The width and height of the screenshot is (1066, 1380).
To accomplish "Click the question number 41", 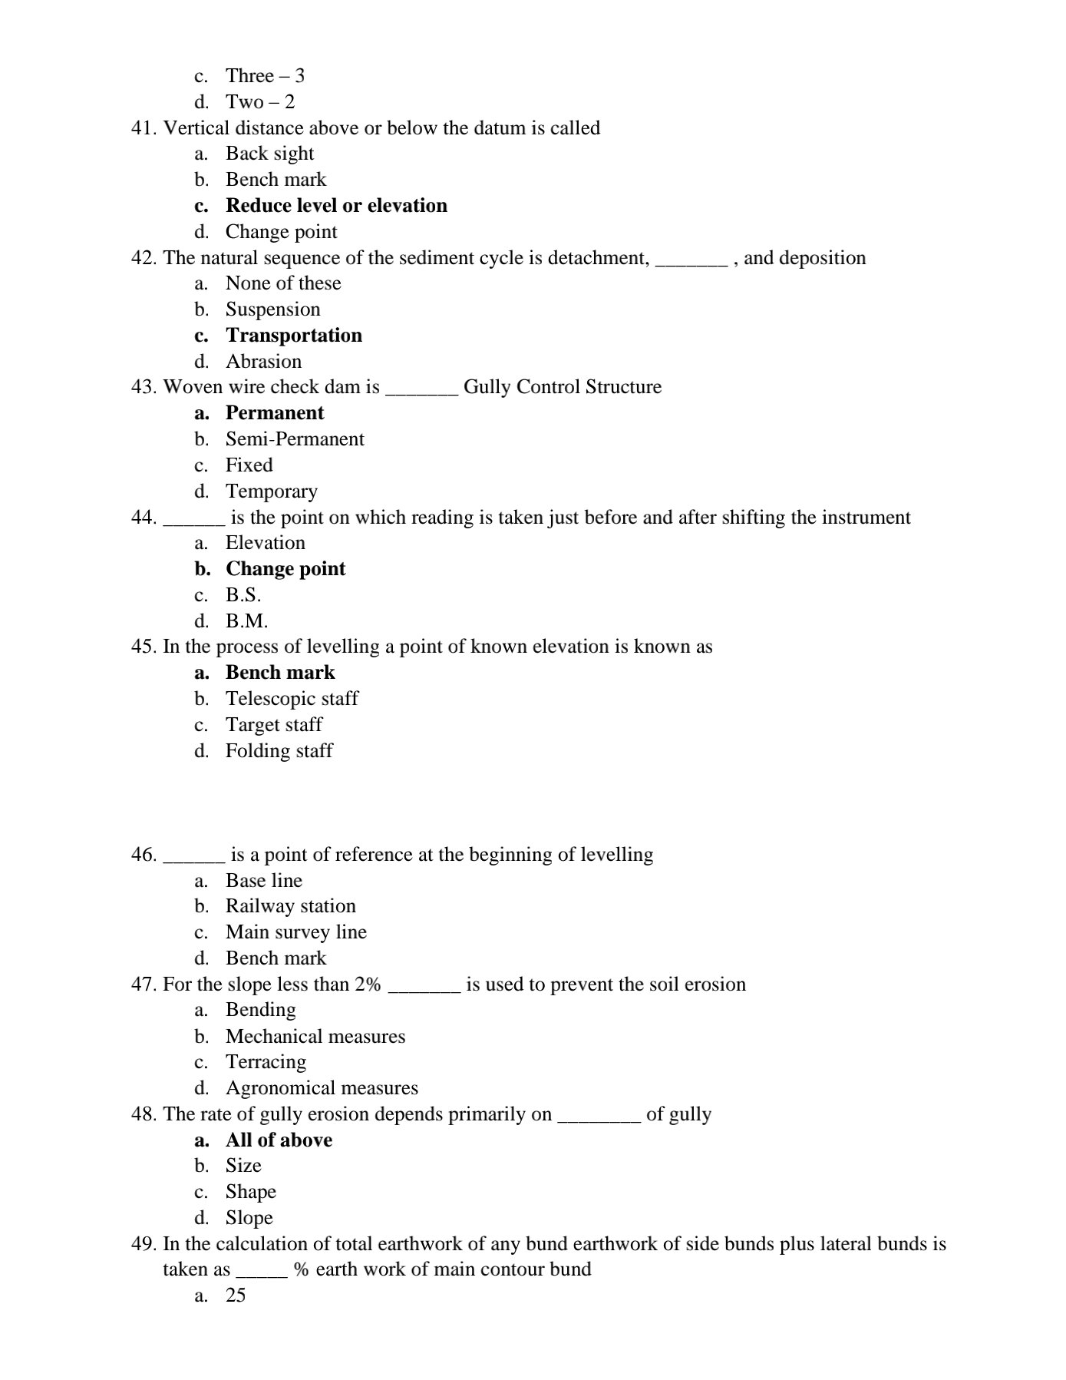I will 144,128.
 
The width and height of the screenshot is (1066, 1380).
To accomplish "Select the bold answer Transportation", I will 293,336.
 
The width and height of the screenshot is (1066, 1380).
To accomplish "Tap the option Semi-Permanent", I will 295,439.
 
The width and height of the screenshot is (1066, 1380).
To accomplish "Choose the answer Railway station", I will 290,906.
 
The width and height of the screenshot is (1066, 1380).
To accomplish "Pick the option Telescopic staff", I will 292,699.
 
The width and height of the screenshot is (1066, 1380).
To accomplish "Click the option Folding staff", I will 279,751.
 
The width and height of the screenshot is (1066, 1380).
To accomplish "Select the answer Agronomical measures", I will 322,1088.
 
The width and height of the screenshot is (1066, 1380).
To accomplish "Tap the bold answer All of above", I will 279,1140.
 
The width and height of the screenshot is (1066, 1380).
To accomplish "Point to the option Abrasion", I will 263,362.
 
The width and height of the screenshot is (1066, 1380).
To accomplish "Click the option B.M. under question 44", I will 246,621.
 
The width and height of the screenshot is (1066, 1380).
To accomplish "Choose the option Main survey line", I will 295,932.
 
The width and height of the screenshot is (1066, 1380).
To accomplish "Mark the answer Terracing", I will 266,1062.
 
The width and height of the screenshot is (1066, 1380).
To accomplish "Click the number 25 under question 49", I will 236,1296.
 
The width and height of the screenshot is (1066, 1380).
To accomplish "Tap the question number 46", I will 144,855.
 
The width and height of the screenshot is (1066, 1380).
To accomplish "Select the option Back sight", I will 269,154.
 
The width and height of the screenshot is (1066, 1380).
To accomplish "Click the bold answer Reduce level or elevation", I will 336,206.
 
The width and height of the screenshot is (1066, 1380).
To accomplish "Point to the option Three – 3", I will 265,76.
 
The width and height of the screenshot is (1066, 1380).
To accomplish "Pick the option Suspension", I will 272,309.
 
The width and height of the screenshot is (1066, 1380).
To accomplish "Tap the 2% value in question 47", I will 368,985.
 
